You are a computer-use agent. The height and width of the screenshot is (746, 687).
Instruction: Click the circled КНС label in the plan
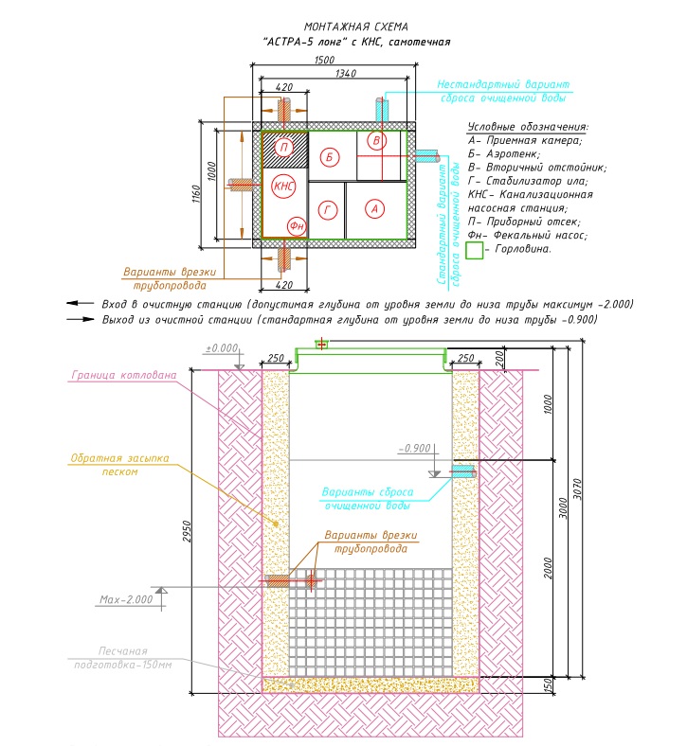(283, 186)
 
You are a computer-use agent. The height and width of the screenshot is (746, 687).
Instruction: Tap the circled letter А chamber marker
(374, 209)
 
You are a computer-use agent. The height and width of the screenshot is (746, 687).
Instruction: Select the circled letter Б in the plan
(329, 157)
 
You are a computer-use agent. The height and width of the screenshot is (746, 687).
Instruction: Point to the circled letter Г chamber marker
(328, 210)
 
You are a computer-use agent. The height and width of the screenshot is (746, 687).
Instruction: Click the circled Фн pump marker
(297, 226)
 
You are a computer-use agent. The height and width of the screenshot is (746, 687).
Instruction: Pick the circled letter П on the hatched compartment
(284, 148)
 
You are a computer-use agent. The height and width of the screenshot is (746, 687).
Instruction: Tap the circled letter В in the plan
(376, 141)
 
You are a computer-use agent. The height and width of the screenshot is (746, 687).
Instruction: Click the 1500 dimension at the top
(324, 60)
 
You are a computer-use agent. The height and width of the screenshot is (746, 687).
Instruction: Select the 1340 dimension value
(346, 73)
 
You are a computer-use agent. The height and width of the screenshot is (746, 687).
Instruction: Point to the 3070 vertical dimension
(577, 488)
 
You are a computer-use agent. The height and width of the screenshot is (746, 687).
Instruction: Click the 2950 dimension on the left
(187, 531)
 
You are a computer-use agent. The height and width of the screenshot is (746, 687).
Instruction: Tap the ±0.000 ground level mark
(222, 348)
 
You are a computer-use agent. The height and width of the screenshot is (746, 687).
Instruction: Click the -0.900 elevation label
(415, 448)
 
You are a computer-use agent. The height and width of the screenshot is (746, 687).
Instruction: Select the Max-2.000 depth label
(126, 599)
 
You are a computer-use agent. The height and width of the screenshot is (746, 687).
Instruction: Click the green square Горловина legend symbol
(474, 250)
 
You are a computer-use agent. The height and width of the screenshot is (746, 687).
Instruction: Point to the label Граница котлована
(124, 375)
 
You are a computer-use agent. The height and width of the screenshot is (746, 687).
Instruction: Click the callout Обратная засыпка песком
(119, 465)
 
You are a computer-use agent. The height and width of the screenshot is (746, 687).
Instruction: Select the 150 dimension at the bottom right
(548, 685)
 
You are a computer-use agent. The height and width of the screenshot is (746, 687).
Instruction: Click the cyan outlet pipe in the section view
(463, 472)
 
